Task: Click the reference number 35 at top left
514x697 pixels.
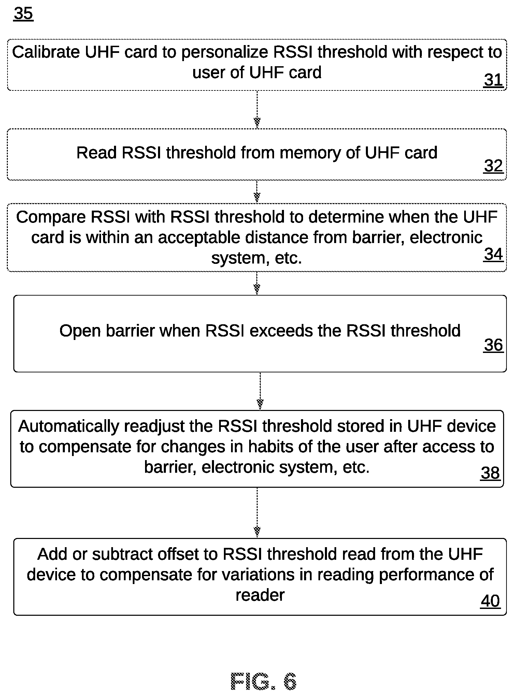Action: (x=24, y=14)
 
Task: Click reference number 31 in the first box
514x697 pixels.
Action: (x=494, y=80)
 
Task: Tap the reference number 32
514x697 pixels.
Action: (x=494, y=166)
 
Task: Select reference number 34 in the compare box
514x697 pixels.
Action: (x=494, y=254)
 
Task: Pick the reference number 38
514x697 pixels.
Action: (x=490, y=473)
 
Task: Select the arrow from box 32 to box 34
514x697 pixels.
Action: (x=257, y=192)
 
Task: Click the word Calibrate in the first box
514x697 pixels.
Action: (x=46, y=52)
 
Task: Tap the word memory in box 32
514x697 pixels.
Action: (x=310, y=153)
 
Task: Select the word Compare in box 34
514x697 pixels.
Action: (x=51, y=217)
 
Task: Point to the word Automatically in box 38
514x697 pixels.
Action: (x=68, y=427)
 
